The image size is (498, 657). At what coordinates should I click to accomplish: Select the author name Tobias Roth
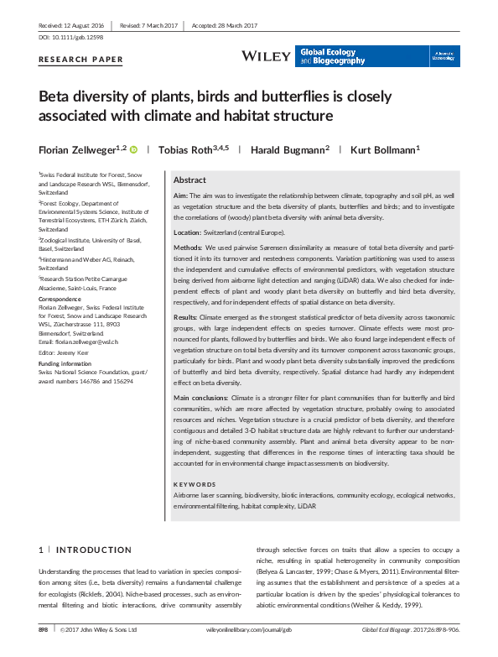tap(190, 149)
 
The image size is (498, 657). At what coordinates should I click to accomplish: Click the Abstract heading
tap(189, 180)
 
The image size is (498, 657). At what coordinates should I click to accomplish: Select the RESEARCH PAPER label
tap(80, 60)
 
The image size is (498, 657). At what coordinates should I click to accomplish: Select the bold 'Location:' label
tap(189, 231)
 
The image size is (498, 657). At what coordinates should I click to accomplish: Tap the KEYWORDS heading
tap(194, 484)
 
